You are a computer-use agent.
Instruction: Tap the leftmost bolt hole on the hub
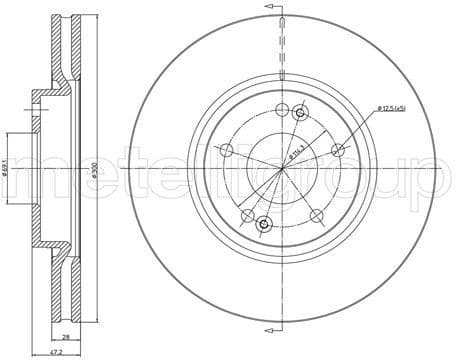pos(227,151)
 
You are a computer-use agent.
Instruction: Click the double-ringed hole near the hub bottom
pos(264,225)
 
